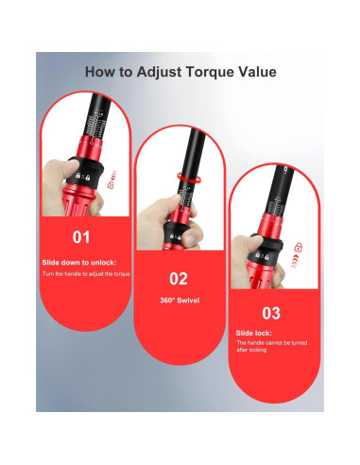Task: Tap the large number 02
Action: [180, 278]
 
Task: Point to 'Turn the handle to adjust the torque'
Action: [86, 273]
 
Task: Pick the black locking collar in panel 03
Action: [273, 243]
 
